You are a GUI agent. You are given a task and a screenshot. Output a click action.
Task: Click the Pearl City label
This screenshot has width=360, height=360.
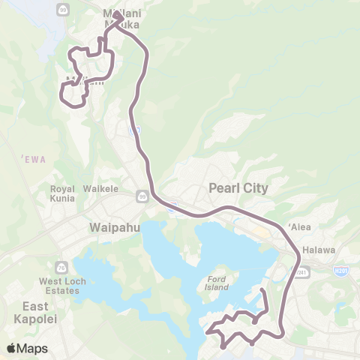(238, 187)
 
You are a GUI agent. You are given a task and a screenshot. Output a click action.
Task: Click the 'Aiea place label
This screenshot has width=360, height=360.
(298, 226)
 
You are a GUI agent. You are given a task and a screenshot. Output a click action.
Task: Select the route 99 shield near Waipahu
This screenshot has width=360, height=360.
(142, 196)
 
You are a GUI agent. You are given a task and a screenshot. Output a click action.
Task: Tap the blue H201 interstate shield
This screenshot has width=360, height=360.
(340, 270)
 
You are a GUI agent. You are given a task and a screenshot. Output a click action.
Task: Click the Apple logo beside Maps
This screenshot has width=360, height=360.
(12, 348)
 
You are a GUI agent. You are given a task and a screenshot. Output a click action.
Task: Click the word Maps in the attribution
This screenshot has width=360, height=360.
(32, 348)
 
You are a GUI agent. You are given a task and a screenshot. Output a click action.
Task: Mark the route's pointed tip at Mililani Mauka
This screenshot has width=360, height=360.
(117, 13)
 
